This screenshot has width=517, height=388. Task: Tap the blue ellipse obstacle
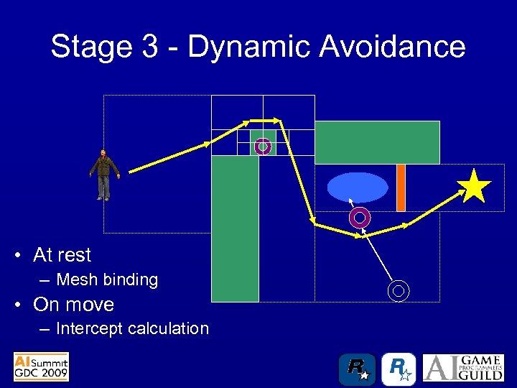coord(358,188)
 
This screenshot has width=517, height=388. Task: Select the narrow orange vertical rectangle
coord(401,188)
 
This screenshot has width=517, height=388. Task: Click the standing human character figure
coord(105,175)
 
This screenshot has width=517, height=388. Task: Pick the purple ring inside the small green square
coord(263,147)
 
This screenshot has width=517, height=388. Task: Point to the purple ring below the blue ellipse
coord(360,216)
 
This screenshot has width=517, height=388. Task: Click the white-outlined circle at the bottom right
coord(399,290)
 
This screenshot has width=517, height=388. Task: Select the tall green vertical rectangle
coord(235,228)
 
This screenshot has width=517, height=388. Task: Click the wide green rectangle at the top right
coord(377,142)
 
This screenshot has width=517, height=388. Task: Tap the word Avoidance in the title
coord(392,47)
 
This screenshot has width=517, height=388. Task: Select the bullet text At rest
coord(62,255)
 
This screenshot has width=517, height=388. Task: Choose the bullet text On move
coord(73,304)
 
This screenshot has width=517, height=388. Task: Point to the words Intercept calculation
coord(132,328)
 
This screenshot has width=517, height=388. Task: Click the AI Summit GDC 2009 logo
coord(41,366)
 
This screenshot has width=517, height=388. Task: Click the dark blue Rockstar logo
coord(357,369)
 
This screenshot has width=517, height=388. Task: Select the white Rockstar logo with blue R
coord(399,369)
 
